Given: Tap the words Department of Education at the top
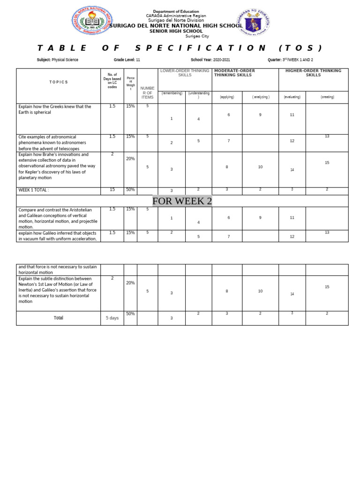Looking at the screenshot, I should tap(176, 11).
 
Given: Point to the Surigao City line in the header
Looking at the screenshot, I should tap(197, 36).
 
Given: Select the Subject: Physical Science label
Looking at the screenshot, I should tap(58, 60).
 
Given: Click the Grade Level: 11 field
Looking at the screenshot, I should tap(127, 60).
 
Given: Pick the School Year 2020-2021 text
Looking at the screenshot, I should tap(210, 60).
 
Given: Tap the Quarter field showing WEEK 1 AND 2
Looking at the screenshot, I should tap(290, 60).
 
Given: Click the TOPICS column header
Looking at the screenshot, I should tap(59, 82).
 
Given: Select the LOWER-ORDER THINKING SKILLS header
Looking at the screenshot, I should tap(185, 73).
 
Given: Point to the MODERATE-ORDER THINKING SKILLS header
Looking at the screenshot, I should tap(234, 73).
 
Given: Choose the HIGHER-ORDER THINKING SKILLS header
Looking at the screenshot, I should tap(313, 73).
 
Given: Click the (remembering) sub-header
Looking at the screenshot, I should tap(172, 93).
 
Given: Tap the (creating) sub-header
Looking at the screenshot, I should tap(327, 97).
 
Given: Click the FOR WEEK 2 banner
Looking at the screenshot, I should tap(182, 201).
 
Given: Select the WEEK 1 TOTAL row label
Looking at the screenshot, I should tap(34, 190).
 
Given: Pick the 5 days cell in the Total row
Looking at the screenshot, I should tap(112, 318).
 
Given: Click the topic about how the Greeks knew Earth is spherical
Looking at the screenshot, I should tap(54, 109).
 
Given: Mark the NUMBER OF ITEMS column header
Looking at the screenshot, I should tap(147, 92).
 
